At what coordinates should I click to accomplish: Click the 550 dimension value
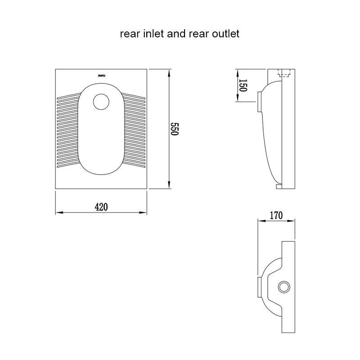pos(175,129)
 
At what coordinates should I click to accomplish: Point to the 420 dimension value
pos(101,207)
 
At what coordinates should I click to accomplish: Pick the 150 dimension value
pos(243,85)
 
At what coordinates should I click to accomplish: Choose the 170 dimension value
pos(276,216)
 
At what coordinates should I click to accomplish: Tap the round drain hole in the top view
pos(101,102)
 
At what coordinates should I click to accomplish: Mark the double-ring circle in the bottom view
pos(283,286)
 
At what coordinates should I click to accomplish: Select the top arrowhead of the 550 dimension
pos(169,72)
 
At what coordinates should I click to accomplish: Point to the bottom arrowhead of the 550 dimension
pos(169,186)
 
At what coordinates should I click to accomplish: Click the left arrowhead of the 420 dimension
pos(58,212)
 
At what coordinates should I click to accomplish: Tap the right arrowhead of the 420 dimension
pos(144,212)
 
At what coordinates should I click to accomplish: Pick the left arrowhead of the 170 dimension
pos(259,220)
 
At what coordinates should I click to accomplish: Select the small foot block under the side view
pos(279,186)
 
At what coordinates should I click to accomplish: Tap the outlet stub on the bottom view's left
pos(258,287)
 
